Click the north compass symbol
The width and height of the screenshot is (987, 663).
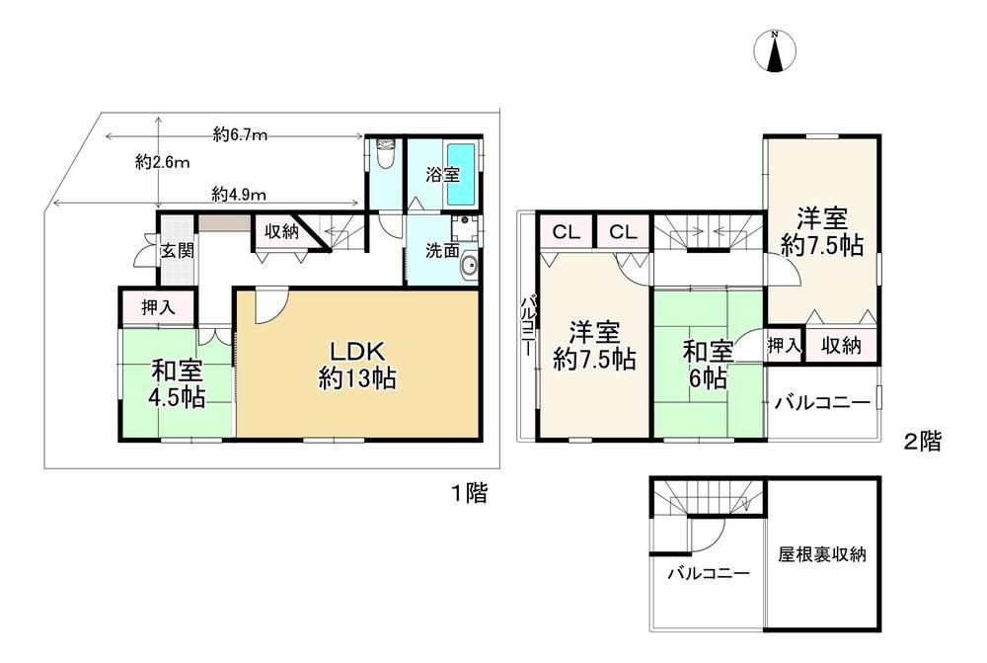[x=775, y=50]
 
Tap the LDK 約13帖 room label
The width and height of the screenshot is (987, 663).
[x=357, y=365]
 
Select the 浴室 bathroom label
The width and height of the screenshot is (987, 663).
[x=442, y=175]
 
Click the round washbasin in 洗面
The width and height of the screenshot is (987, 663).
[x=469, y=267]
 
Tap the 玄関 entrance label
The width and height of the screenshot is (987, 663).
[x=178, y=251]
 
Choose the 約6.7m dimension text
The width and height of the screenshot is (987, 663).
[x=240, y=133]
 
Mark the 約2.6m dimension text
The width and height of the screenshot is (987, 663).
[x=163, y=162]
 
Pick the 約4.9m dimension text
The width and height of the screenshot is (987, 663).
[x=239, y=195]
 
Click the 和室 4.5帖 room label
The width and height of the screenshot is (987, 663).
[x=177, y=383]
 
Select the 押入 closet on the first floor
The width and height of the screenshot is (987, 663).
[x=158, y=307]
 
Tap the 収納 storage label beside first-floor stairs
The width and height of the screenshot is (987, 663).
[x=281, y=231]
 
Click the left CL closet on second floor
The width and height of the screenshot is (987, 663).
[x=566, y=232]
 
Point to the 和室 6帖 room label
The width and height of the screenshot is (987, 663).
[x=708, y=365]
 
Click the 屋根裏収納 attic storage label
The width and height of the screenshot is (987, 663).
[x=822, y=554]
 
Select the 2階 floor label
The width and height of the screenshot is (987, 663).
[x=923, y=442]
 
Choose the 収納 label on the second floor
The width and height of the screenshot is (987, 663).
[x=842, y=346]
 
